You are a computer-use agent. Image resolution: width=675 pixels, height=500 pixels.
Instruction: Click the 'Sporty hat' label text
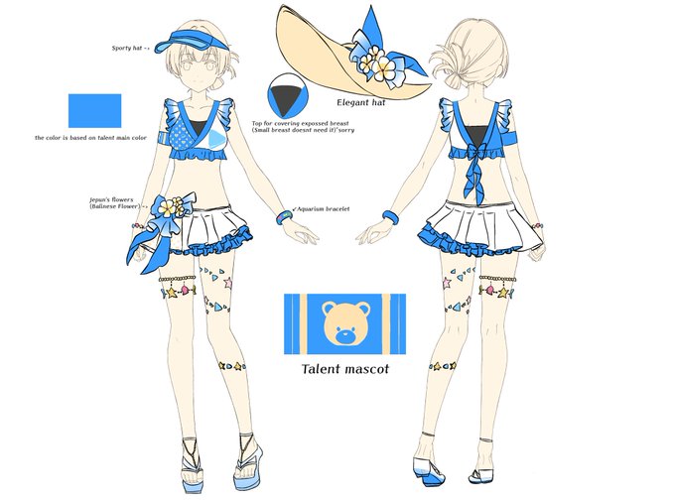pos(130,47)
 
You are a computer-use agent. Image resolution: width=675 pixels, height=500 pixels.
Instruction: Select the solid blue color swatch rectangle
pos(94,111)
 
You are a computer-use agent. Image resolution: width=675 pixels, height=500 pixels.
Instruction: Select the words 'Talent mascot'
pos(344,370)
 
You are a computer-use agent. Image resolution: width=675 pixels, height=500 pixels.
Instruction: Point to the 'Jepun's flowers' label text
pos(117,201)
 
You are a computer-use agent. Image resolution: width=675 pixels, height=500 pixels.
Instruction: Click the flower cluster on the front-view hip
pos(175,207)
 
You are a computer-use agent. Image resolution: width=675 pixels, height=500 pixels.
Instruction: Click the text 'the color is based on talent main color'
pos(90,137)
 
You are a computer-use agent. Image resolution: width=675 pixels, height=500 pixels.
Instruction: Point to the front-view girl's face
pos(199,71)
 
